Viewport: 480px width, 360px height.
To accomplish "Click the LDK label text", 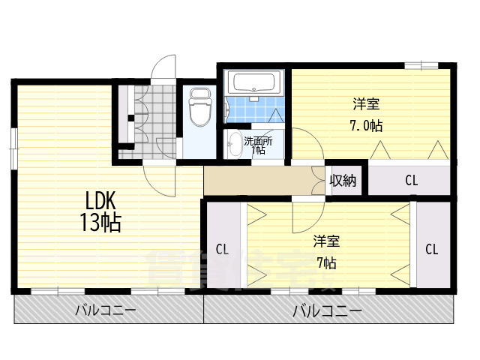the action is coord(100,201).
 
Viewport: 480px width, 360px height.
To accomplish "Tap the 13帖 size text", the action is coord(100,222).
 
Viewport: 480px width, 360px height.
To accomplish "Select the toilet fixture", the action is coord(200,106).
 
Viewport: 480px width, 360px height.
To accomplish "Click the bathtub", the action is coord(253,82).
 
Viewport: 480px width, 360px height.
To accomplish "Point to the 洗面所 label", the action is coord(258,142).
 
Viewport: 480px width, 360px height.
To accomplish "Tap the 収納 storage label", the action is coord(343,181).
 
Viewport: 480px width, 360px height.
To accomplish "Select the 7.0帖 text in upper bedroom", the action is coord(366,126).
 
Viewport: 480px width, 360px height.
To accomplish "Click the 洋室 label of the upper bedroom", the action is coord(367,104).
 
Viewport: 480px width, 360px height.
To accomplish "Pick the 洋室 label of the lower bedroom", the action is coord(326,241).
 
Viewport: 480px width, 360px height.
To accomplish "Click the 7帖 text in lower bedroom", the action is coord(327,262).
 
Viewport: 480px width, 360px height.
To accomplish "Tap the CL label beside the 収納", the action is coord(411,180).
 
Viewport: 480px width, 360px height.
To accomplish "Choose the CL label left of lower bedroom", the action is coord(222,250).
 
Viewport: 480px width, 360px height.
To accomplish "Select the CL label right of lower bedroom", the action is coord(431,250).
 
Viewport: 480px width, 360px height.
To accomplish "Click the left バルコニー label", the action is coord(106,310).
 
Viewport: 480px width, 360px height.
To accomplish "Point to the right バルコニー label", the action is coord(327,311).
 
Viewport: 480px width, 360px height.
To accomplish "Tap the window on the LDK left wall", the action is coord(13,148).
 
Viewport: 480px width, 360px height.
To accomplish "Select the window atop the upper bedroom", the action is coord(421,65).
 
